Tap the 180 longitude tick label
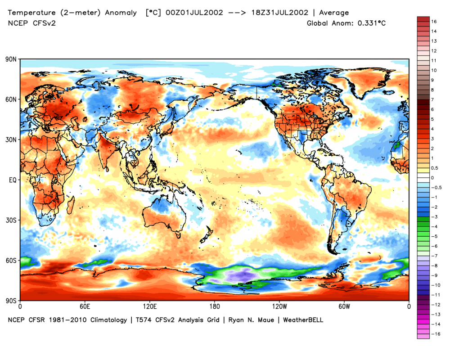click(214, 306)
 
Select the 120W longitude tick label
click(279, 306)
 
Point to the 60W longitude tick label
click(344, 306)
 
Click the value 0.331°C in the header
click(372, 22)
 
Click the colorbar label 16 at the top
click(434, 21)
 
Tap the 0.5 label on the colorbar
click(435, 168)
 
